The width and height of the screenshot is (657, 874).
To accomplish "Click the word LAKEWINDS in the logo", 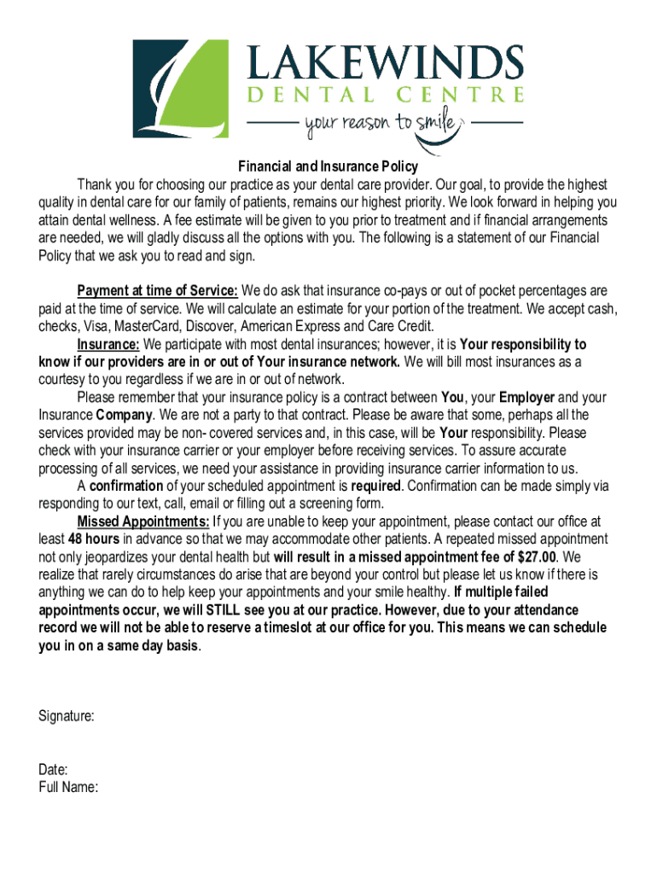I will [x=385, y=63].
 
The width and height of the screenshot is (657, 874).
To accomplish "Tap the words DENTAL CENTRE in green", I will [x=385, y=95].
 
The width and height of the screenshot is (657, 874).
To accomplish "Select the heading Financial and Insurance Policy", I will [x=328, y=167].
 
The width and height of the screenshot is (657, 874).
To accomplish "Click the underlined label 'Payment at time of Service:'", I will [x=157, y=291].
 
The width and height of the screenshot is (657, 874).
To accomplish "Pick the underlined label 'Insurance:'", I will [x=108, y=345].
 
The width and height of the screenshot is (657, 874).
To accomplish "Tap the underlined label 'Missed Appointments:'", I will [x=142, y=521].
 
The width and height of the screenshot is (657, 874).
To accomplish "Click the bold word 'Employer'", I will [x=526, y=398].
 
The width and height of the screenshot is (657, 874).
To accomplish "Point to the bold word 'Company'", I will [x=128, y=416].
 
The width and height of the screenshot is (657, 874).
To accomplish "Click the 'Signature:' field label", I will [x=67, y=716].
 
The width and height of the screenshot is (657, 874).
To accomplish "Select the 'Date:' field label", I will [x=54, y=770].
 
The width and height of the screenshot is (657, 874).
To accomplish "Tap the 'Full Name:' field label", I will [x=68, y=787].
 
